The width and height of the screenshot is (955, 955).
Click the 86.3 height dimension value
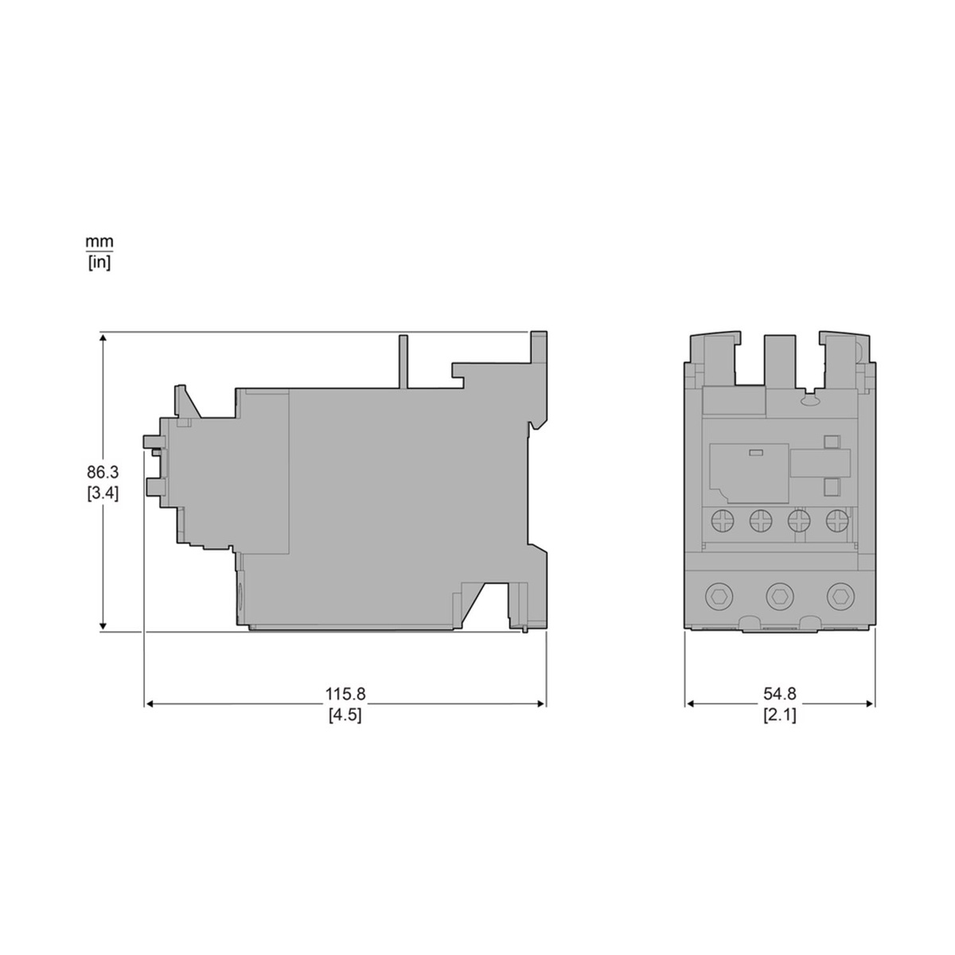(x=103, y=472)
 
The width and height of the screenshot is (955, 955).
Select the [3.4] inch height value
(x=103, y=493)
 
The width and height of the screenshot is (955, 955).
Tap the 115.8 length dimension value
(x=345, y=694)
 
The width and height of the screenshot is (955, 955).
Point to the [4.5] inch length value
(x=345, y=715)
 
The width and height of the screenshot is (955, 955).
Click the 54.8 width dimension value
(x=780, y=694)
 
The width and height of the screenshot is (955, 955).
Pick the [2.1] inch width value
(x=780, y=715)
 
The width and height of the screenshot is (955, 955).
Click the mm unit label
(x=99, y=243)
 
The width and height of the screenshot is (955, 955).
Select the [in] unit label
(x=99, y=263)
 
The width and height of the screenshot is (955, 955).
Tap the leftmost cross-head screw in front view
(x=722, y=520)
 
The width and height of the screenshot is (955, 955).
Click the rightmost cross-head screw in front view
(x=837, y=520)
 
